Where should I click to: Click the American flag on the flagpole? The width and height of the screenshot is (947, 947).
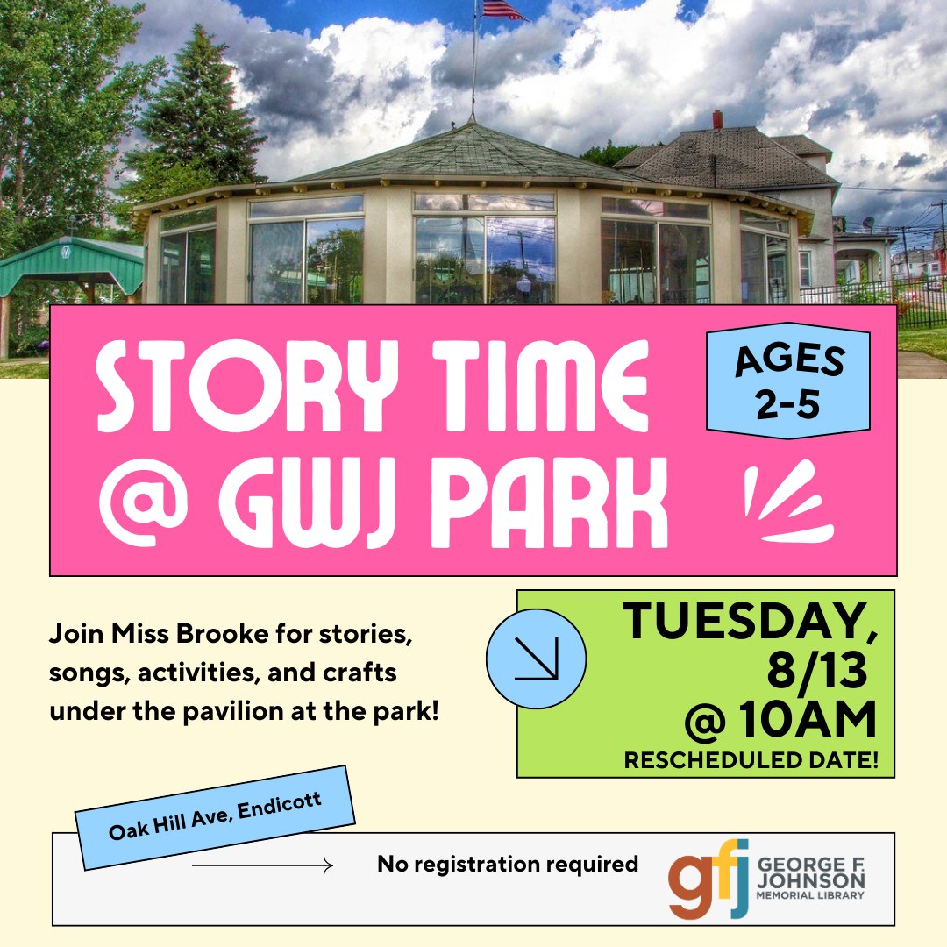(502, 10)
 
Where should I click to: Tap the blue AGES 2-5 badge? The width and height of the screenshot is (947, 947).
(788, 381)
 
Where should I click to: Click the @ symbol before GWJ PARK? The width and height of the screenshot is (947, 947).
(143, 503)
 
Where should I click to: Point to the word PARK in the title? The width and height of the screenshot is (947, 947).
(548, 503)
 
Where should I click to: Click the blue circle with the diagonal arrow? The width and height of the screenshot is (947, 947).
(536, 659)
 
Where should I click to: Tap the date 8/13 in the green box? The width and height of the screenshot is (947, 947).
(817, 671)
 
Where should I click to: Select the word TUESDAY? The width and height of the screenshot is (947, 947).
(750, 622)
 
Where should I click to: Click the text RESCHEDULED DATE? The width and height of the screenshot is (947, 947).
(751, 759)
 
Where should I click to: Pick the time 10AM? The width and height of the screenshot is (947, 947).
(808, 719)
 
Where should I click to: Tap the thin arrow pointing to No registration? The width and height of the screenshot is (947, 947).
(262, 865)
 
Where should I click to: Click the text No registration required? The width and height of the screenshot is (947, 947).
(508, 865)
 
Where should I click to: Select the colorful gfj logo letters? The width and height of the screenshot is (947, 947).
(708, 878)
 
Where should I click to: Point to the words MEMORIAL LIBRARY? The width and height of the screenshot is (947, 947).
(810, 895)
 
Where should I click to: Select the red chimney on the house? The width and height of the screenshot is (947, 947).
(717, 119)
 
